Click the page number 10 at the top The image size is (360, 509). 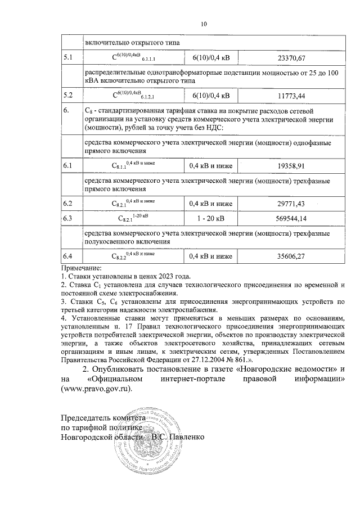204,24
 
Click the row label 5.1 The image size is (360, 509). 69,58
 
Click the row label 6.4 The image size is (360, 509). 69,256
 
